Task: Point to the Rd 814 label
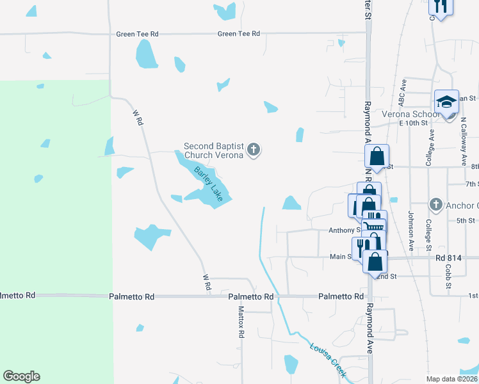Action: (x=448, y=258)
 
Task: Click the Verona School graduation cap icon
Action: (x=446, y=102)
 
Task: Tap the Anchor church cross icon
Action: (x=435, y=204)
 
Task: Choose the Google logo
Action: (x=21, y=376)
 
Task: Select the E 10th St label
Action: (x=412, y=123)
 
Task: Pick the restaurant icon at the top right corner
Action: (x=440, y=6)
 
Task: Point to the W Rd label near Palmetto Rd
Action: (x=206, y=283)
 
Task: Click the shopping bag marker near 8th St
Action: (x=377, y=156)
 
